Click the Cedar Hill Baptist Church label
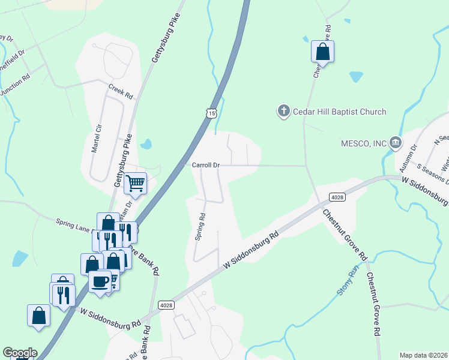click(x=339, y=112)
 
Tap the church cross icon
click(x=284, y=111)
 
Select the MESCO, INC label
click(x=363, y=143)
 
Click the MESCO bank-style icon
click(x=396, y=143)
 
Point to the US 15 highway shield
click(x=209, y=113)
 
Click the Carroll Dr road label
click(x=206, y=164)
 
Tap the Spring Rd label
click(x=201, y=227)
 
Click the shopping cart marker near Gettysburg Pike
click(x=136, y=183)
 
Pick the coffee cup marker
click(x=100, y=280)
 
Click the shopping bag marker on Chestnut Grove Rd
click(x=322, y=52)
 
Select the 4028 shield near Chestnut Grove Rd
click(x=337, y=197)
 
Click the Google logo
click(x=20, y=353)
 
